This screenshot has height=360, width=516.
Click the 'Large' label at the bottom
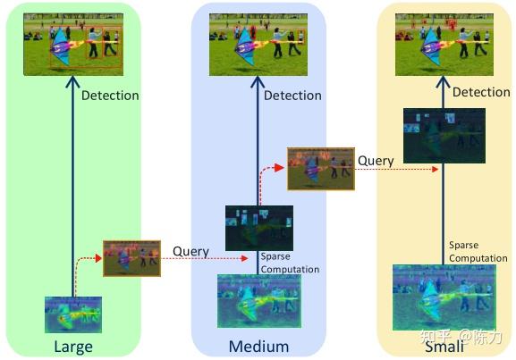pos(72,347)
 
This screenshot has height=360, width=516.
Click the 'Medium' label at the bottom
pos(258,347)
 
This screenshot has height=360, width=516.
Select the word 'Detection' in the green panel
pos(110,96)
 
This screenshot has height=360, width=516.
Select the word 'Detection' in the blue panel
pos(292,96)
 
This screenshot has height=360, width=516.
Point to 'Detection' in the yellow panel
pos(481,92)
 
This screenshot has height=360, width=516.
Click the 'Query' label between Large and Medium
pos(190,252)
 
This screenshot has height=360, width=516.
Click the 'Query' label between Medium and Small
pos(376,161)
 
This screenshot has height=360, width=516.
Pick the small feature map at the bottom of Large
pos(73,314)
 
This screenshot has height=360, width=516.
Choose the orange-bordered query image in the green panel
pos(131,258)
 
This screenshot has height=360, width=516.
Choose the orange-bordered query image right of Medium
pos(320,169)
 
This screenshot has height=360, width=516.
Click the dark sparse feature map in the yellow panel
pos(444,136)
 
